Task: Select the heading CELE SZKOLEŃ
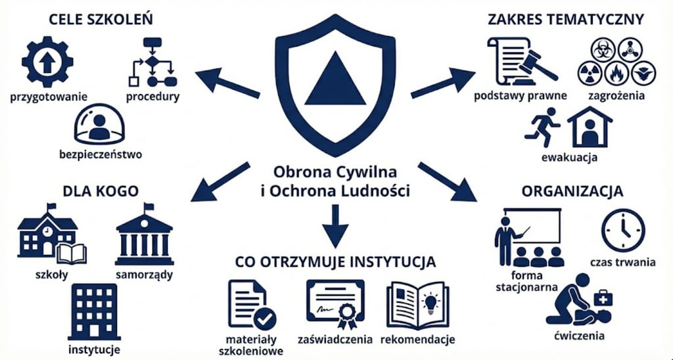click(101, 19)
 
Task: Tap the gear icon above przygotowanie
click(47, 62)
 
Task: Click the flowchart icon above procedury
click(152, 62)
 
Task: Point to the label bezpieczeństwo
click(100, 155)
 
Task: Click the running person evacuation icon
click(542, 127)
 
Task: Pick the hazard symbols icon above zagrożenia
click(616, 61)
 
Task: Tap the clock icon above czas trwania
click(623, 231)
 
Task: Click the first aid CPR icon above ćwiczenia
click(578, 300)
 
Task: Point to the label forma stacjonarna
click(524, 281)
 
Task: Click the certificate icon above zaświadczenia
click(335, 304)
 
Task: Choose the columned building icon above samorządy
click(144, 235)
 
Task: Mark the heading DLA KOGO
click(101, 191)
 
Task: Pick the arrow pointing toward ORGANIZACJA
click(447, 181)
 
